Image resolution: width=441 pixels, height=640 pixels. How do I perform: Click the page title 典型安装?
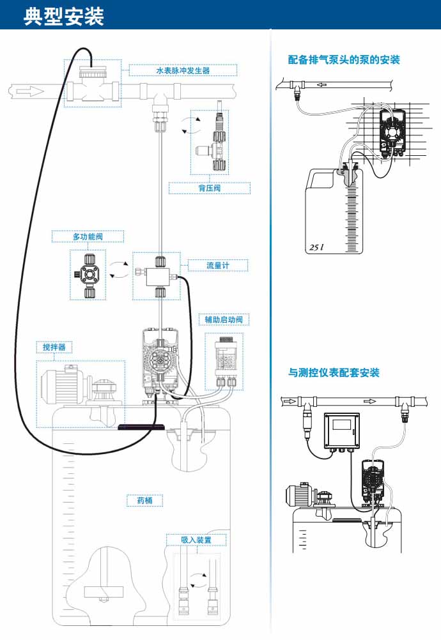coord(64,16)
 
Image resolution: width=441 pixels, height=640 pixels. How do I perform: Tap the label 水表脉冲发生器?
coord(183,70)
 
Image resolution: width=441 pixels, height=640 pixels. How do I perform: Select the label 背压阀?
coord(209,188)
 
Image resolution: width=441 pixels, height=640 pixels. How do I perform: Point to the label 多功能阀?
coord(88,237)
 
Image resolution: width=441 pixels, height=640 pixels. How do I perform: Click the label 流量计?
coord(218,265)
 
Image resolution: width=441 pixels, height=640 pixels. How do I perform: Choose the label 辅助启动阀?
coord(223,319)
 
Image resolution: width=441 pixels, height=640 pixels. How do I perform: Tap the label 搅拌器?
coord(53,347)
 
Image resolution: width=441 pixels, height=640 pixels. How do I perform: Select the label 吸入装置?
coord(196,540)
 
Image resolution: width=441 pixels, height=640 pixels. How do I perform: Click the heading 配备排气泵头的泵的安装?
coord(344,60)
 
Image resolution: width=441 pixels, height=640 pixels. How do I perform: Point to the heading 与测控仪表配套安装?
coord(334,372)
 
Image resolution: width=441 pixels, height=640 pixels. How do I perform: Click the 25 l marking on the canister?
coord(316,246)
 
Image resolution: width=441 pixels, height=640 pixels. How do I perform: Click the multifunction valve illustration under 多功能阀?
coord(88,275)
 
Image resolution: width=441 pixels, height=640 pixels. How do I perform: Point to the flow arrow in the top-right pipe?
coord(326,84)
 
